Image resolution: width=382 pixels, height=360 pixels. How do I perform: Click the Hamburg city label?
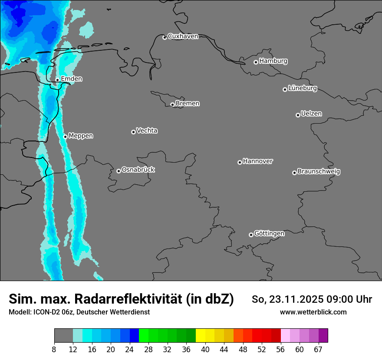273,61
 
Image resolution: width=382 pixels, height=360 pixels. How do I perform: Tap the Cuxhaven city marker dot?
165,37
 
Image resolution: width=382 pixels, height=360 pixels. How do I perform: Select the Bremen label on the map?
188,104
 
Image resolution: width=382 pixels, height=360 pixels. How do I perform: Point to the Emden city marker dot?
57,80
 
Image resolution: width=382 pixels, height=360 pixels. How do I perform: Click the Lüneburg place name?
302,88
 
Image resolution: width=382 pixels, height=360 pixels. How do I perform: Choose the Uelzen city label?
311,114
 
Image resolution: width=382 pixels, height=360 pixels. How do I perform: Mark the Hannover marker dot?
240,162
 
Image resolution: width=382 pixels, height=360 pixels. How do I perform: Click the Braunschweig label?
319,172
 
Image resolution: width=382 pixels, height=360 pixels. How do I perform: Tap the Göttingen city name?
269,234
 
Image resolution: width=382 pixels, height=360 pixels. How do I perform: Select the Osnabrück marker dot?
119,171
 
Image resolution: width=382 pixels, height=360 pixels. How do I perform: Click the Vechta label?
147,131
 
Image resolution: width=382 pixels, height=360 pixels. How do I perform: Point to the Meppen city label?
81,136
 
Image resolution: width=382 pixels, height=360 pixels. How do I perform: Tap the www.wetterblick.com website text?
313,312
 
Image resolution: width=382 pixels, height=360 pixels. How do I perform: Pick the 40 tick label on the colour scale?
205,350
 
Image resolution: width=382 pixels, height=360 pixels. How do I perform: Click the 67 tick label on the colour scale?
318,350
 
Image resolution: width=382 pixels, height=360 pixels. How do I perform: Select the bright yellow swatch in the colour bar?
201,335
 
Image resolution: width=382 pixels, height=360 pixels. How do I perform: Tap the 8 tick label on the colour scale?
54,350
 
